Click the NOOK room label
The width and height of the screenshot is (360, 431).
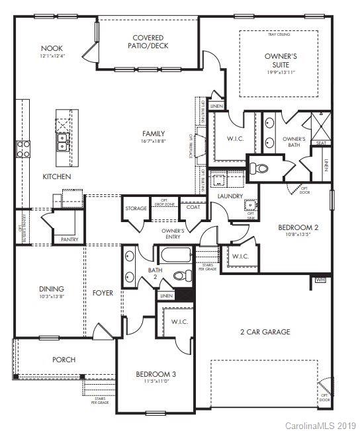coord(52,48)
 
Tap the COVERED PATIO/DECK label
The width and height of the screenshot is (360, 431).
coord(148,42)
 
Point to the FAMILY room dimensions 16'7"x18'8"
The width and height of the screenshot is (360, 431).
coord(154,140)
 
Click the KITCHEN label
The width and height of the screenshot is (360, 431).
coord(57,176)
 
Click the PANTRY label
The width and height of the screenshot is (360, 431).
coord(69,239)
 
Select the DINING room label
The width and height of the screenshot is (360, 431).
coord(51,288)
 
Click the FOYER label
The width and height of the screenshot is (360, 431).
coord(103,292)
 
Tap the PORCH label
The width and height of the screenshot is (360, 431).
coord(64,360)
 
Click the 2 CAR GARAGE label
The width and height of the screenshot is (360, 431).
coord(265,332)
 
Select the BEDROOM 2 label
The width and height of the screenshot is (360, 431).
coord(298,227)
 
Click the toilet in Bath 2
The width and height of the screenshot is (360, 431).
coord(179,276)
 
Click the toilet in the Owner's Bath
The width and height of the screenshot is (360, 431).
coord(262,169)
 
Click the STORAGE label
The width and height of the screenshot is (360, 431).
coord(136,208)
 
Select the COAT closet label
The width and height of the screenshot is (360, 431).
coord(193,208)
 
